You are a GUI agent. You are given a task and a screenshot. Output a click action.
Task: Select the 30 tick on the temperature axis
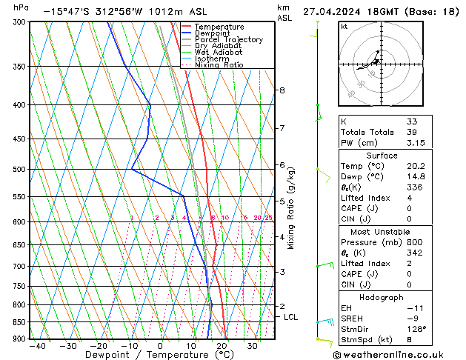click(x=253, y=346)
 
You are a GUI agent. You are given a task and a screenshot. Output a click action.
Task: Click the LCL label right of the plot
click(x=291, y=317)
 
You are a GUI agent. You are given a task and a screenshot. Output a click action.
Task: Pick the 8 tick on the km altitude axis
click(x=282, y=90)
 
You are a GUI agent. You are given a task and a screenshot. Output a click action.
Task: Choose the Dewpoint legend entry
click(x=212, y=33)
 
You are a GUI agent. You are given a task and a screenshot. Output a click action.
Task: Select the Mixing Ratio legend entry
click(x=219, y=65)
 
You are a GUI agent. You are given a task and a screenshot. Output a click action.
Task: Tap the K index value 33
click(x=412, y=122)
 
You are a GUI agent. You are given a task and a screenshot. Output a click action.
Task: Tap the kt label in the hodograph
click(x=344, y=26)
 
